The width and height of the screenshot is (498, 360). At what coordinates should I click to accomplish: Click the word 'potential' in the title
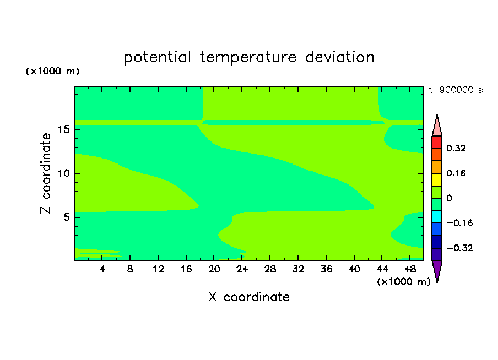[157, 58]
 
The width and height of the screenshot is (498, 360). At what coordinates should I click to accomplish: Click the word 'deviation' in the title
[340, 57]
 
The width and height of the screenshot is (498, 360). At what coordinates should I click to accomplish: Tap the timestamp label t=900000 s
[456, 90]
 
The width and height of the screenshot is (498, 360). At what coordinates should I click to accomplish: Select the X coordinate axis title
[249, 297]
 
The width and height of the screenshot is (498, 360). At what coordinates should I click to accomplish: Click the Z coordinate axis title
[46, 173]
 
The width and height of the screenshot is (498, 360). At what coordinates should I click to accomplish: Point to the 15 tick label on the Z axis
[64, 129]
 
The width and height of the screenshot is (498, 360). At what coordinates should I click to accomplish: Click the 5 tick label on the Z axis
[67, 217]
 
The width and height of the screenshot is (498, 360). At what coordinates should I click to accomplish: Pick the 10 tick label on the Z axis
[64, 173]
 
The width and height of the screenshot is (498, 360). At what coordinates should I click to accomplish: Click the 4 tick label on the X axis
[102, 269]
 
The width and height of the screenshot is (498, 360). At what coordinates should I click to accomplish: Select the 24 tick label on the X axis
[242, 269]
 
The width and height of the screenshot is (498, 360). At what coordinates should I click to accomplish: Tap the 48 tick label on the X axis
[410, 269]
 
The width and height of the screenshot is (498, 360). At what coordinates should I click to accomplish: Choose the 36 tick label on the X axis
[326, 269]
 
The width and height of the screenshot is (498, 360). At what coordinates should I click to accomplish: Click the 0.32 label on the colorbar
[456, 148]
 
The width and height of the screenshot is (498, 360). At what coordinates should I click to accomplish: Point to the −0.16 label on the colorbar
[459, 223]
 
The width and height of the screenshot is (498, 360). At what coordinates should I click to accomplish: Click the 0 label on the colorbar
[449, 198]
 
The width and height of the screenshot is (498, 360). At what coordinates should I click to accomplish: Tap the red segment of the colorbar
[437, 142]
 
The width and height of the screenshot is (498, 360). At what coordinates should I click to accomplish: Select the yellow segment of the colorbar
[437, 179]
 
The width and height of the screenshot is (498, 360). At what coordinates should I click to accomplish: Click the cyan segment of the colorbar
[437, 217]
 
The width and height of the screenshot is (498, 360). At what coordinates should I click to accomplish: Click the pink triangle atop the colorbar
[437, 127]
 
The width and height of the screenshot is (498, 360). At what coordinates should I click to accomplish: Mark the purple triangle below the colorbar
[437, 269]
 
